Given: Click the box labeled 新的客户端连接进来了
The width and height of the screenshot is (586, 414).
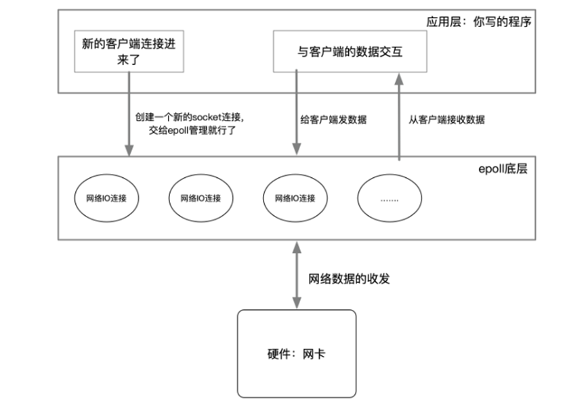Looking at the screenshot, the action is click(129, 51).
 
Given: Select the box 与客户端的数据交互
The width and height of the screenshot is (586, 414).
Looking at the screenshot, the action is click(350, 51).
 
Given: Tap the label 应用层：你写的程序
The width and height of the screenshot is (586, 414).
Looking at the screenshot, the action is click(479, 22).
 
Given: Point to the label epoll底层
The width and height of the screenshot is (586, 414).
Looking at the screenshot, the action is click(503, 168).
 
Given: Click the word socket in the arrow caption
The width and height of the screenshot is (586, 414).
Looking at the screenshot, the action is click(207, 117).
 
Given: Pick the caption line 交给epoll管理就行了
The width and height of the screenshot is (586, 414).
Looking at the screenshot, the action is click(192, 131).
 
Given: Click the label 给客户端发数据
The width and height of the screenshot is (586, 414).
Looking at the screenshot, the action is click(333, 120).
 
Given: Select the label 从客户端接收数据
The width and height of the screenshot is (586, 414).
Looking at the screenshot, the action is click(446, 120).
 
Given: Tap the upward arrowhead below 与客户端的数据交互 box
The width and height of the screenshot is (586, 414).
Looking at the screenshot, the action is click(399, 78).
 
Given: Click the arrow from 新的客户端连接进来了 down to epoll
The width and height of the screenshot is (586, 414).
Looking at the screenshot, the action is click(129, 114).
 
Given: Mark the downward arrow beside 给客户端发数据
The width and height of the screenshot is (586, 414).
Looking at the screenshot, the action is click(296, 112).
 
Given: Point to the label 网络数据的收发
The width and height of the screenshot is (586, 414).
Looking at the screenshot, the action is click(349, 279).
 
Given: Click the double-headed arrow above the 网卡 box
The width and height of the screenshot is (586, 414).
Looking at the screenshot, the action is click(297, 275).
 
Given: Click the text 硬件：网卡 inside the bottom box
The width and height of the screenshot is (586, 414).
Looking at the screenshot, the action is click(296, 354).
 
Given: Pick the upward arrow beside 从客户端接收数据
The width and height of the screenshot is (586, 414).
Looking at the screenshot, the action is click(399, 117).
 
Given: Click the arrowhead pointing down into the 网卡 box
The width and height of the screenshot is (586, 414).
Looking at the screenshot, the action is click(297, 303).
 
